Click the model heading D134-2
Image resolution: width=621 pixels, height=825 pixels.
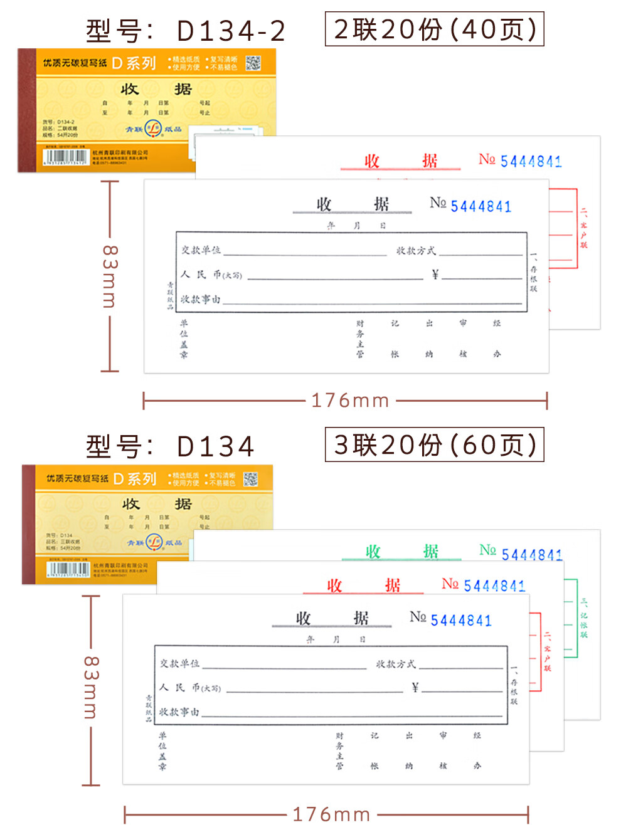pyautogui.click(x=186, y=31)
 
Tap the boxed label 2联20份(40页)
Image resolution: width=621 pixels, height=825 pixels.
pyautogui.click(x=434, y=29)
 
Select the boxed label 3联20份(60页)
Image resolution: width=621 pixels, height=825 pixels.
pyautogui.click(x=434, y=445)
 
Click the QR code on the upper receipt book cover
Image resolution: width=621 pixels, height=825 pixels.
pyautogui.click(x=253, y=63)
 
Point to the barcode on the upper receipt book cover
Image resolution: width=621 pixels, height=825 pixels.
pyautogui.click(x=65, y=157)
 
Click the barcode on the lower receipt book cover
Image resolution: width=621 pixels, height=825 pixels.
pyautogui.click(x=69, y=570)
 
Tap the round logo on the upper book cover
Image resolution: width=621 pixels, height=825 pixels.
pyautogui.click(x=154, y=129)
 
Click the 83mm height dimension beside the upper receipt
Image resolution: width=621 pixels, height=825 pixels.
pyautogui.click(x=110, y=276)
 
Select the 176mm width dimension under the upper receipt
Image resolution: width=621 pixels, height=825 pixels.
pyautogui.click(x=350, y=400)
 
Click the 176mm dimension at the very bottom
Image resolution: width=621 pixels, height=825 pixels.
pyautogui.click(x=331, y=814)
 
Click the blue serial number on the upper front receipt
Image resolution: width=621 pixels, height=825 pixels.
pyautogui.click(x=480, y=206)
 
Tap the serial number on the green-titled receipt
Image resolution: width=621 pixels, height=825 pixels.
pyautogui.click(x=531, y=554)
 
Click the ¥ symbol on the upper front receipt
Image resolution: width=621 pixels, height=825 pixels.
pyautogui.click(x=435, y=274)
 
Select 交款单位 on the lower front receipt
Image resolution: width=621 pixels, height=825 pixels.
pyautogui.click(x=179, y=663)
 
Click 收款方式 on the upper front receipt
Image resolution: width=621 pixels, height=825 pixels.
pyautogui.click(x=415, y=251)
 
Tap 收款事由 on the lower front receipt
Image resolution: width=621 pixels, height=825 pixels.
pyautogui.click(x=179, y=712)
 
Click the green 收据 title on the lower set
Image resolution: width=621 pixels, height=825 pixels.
pyautogui.click(x=401, y=551)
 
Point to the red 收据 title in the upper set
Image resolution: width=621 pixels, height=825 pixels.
pyautogui.click(x=400, y=161)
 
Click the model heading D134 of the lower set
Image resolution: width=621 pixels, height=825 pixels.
pyautogui.click(x=170, y=446)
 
